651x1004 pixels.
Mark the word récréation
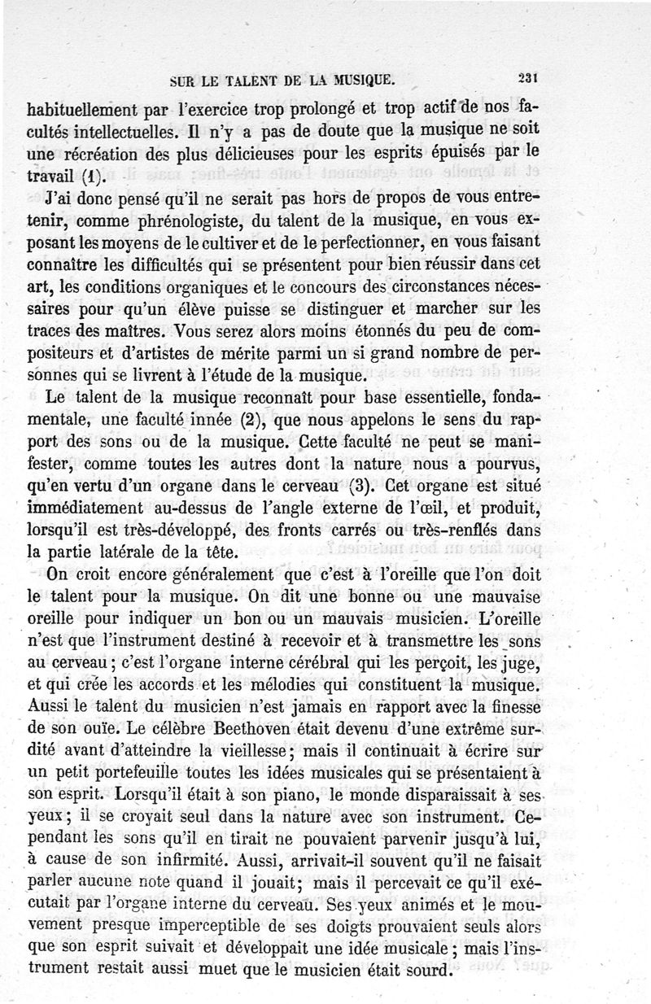tap(103, 152)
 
